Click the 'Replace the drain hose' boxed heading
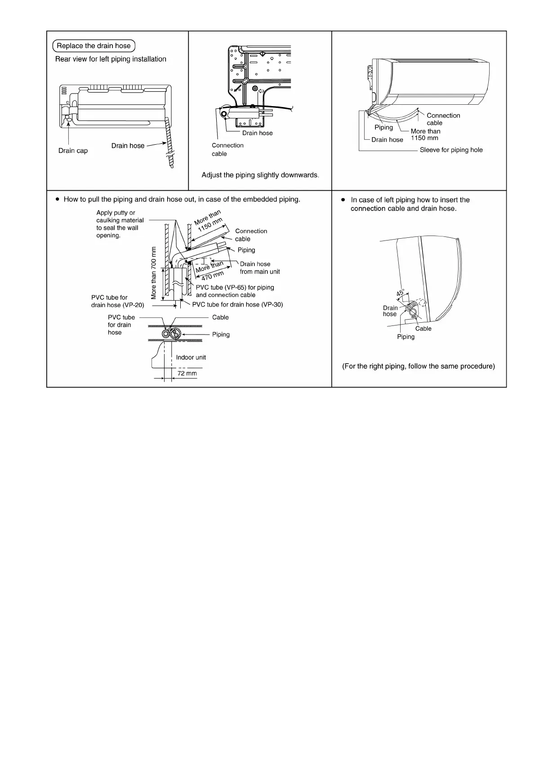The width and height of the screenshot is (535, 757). (x=94, y=46)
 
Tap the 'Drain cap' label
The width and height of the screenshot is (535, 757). (x=73, y=151)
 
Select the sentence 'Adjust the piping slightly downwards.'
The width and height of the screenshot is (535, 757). (x=260, y=175)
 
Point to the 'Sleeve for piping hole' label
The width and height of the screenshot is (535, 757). (x=451, y=150)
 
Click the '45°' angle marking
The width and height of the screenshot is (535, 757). (x=400, y=294)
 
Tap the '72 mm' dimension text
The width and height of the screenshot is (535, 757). (x=187, y=374)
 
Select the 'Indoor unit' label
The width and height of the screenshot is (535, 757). (x=191, y=357)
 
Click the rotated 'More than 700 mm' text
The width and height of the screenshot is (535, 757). (x=154, y=273)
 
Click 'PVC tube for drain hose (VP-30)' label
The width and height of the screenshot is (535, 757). (x=237, y=304)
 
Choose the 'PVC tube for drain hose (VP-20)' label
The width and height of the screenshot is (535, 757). (x=117, y=301)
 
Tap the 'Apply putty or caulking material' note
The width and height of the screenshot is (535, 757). (x=120, y=224)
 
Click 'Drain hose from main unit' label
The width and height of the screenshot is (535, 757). (x=259, y=268)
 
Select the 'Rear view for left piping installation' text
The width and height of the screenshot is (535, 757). (x=111, y=59)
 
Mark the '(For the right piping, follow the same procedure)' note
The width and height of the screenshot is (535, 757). (x=419, y=366)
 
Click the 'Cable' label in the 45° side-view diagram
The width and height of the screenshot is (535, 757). (x=423, y=329)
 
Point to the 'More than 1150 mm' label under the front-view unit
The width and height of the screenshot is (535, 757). (x=425, y=134)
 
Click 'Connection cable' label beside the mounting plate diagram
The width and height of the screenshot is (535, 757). (x=227, y=150)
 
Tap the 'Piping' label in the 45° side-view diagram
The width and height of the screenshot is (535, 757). (x=406, y=337)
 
